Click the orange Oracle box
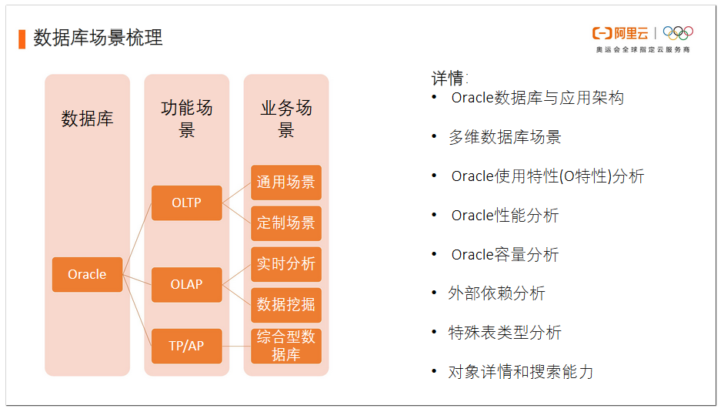(87, 274)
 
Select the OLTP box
(186, 203)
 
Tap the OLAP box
(186, 284)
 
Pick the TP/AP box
(186, 346)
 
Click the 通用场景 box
(286, 183)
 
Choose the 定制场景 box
(286, 223)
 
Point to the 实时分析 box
(286, 264)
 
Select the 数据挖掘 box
(286, 305)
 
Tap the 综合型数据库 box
(286, 346)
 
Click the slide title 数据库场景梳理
(98, 38)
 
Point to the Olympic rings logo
(678, 33)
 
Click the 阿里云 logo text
(631, 33)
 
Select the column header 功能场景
(186, 119)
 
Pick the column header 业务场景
(286, 119)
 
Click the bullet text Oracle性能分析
(505, 216)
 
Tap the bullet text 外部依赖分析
(496, 293)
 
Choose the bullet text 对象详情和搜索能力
(520, 372)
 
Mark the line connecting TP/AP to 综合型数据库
(236, 346)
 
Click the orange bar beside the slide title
(22, 39)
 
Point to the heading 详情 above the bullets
(448, 78)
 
